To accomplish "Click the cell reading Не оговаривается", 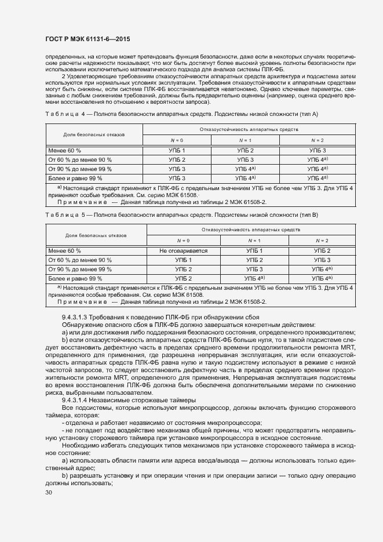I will click(183, 250).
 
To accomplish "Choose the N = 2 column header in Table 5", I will click(322, 240).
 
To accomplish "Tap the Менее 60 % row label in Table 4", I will click(65, 151).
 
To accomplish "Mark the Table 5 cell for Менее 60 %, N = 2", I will click(322, 250).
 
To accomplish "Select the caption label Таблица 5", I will click(64, 215).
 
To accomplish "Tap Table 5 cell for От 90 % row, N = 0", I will click(183, 269).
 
